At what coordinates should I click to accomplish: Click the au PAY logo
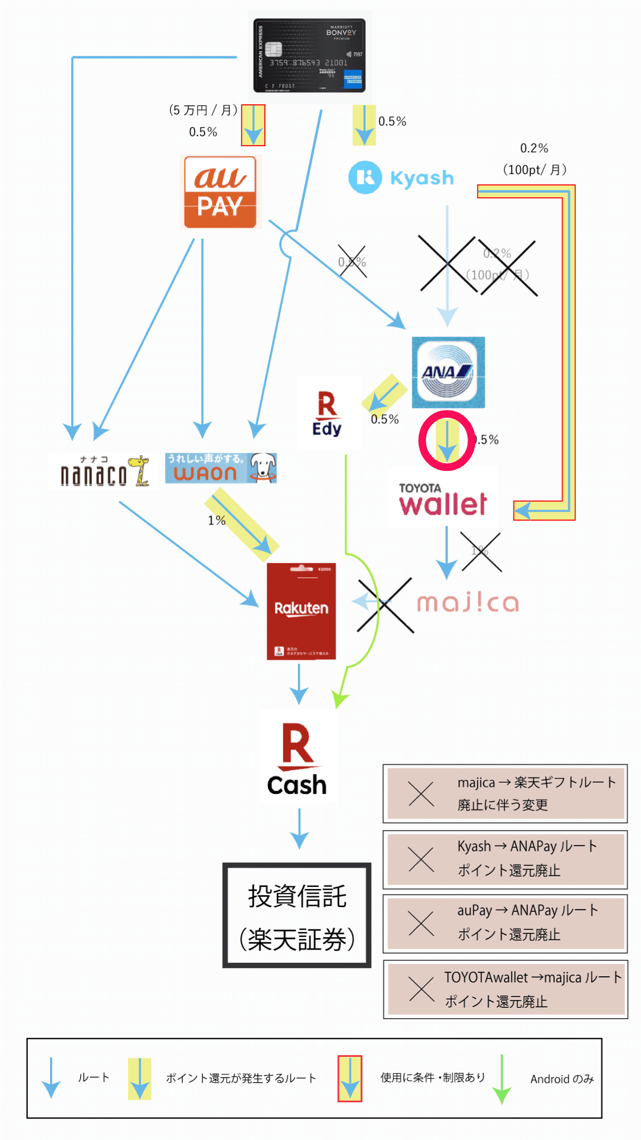pyautogui.click(x=220, y=192)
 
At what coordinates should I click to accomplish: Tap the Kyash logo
pyautogui.click(x=401, y=178)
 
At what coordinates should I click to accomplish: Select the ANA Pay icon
pyautogui.click(x=448, y=372)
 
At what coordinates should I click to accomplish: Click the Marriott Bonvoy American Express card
pyautogui.click(x=309, y=56)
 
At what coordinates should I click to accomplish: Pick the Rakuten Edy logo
pyautogui.click(x=328, y=414)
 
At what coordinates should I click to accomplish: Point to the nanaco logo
pyautogui.click(x=103, y=470)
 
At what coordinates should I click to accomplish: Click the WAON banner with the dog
pyautogui.click(x=221, y=468)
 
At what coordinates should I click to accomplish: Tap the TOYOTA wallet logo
pyautogui.click(x=443, y=498)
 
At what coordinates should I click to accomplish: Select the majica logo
pyautogui.click(x=468, y=603)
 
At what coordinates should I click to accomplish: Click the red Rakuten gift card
pyautogui.click(x=301, y=611)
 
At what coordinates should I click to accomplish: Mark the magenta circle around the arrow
pyautogui.click(x=446, y=440)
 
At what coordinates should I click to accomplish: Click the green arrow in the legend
pyautogui.click(x=501, y=1079)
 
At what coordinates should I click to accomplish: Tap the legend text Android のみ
pyautogui.click(x=562, y=1079)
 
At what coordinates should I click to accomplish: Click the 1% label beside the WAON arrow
pyautogui.click(x=217, y=520)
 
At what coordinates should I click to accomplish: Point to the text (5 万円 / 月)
pyautogui.click(x=203, y=110)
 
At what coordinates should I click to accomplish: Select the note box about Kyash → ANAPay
pyautogui.click(x=505, y=859)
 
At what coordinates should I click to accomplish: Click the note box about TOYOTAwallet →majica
pyautogui.click(x=505, y=989)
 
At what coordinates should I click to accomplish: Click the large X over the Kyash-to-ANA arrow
pyautogui.click(x=447, y=263)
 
